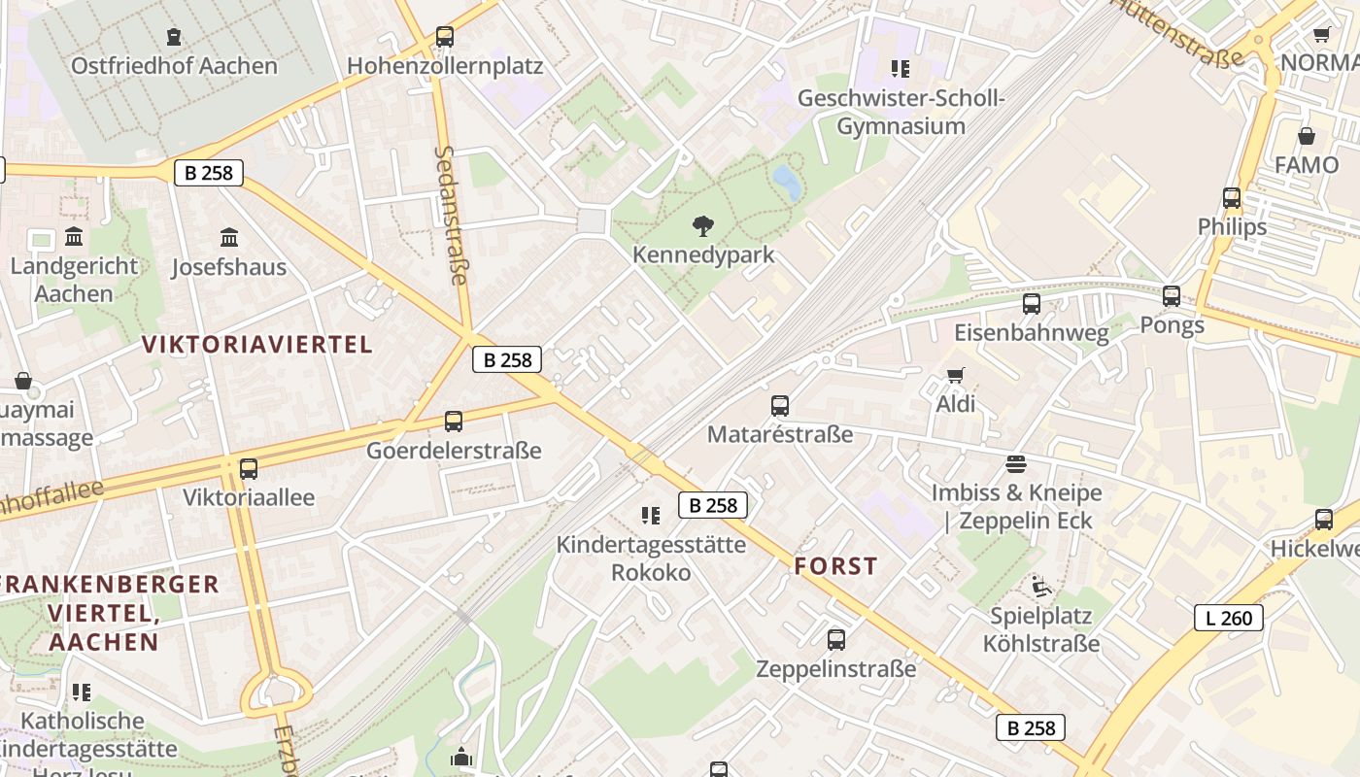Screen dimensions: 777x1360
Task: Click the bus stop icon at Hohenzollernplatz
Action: coord(444,37)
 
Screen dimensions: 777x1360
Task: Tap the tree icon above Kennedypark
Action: coord(702,226)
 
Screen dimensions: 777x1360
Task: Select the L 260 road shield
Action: coord(1228,617)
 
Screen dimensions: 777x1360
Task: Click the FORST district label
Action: coord(835,566)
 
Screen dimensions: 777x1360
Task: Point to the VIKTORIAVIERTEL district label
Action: coord(257,344)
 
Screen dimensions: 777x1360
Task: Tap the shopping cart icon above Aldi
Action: coord(956,375)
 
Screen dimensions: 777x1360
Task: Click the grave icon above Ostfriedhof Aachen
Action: coord(174,37)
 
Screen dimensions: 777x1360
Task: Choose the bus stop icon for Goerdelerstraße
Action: coord(454,422)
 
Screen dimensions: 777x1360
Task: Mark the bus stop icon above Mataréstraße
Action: coord(779,405)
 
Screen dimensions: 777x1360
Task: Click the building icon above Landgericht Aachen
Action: coord(74,237)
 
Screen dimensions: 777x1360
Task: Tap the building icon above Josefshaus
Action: coord(229,237)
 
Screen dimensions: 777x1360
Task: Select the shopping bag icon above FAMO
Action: coord(1306,136)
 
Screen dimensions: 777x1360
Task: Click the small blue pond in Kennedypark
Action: coord(787,181)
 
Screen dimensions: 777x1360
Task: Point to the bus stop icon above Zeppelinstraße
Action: coord(835,640)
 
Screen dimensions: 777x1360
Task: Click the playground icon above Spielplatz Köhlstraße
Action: coord(1040,586)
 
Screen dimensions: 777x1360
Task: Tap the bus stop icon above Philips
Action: coord(1232,198)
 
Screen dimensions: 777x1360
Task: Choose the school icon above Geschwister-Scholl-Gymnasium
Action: coord(901,69)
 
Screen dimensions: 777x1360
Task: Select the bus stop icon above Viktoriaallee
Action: coord(249,469)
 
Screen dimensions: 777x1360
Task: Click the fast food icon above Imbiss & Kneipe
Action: coord(1016,463)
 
